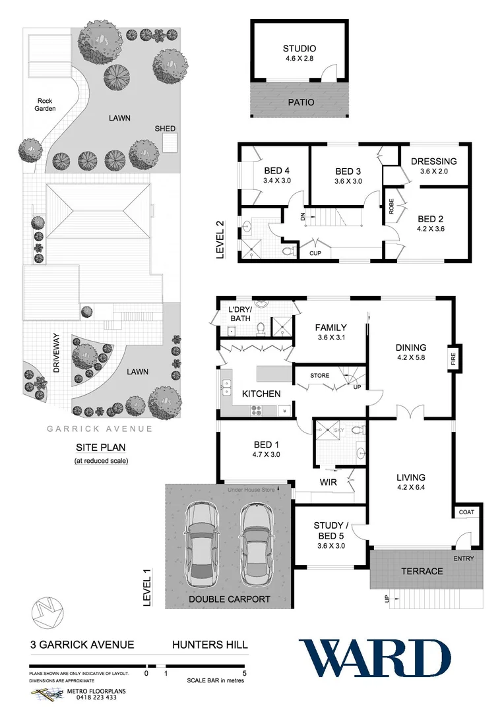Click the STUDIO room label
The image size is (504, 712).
click(299, 48)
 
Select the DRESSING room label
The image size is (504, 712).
click(433, 161)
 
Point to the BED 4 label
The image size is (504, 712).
click(276, 171)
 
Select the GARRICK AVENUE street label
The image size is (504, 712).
click(100, 429)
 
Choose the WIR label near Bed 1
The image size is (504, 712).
click(328, 483)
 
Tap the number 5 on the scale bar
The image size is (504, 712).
click(244, 673)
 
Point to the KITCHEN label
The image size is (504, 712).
click(261, 394)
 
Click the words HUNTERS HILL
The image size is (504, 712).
click(210, 645)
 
